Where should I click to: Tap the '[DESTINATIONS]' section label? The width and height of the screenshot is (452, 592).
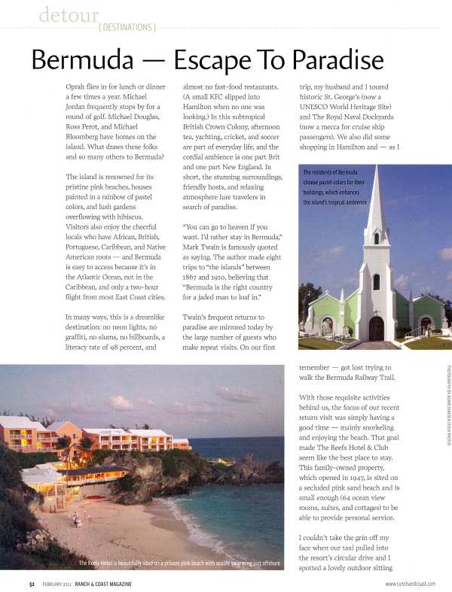click(x=126, y=28)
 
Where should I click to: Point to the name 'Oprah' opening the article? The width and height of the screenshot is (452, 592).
click(x=78, y=87)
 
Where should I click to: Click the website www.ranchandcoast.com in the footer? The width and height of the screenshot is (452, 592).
click(x=411, y=584)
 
